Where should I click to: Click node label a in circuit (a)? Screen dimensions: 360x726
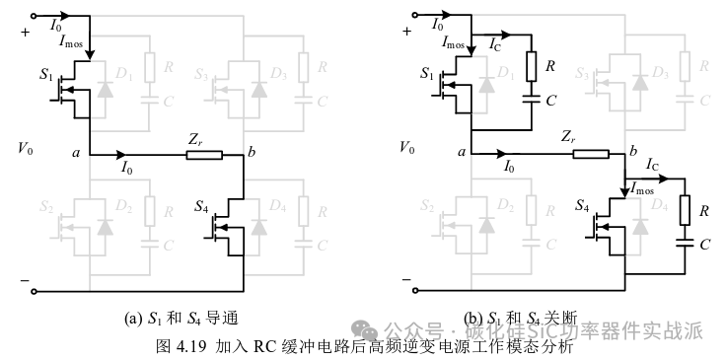point(77,153)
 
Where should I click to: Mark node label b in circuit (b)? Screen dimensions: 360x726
point(632,149)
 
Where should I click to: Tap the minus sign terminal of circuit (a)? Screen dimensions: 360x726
point(23,281)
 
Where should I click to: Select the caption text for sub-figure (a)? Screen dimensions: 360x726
point(181,319)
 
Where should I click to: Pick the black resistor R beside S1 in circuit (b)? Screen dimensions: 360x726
point(531,67)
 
